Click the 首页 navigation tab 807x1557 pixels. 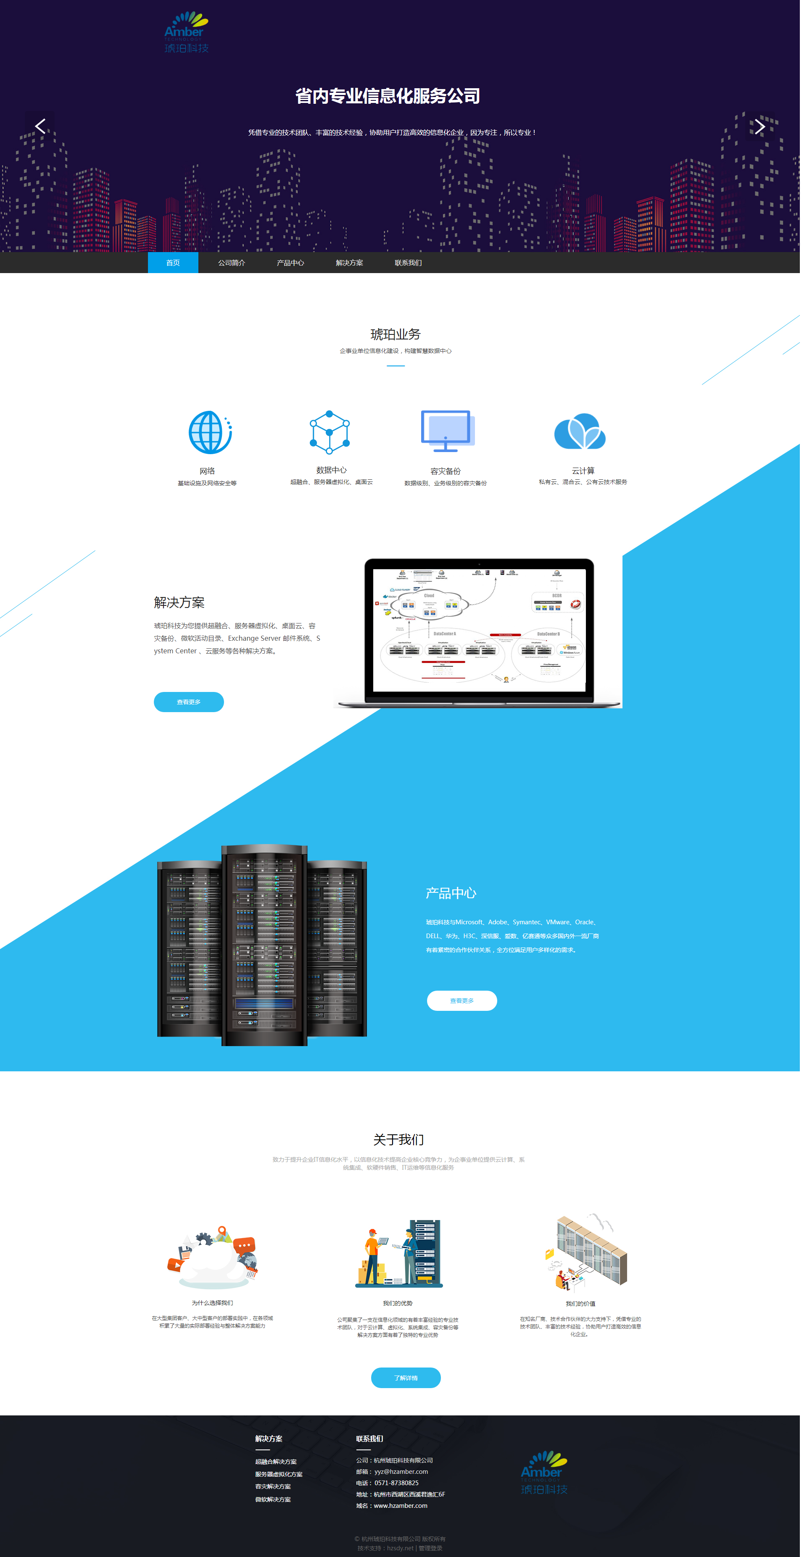click(173, 263)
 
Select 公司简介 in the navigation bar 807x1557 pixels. click(232, 263)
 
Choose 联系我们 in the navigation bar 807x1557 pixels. click(408, 263)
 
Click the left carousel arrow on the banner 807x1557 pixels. click(40, 126)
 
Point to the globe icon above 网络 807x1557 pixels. click(209, 432)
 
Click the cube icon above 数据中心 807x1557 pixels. click(330, 432)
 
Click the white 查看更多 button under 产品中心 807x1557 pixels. click(462, 1000)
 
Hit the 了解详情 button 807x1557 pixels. click(406, 1378)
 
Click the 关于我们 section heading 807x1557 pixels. click(398, 1139)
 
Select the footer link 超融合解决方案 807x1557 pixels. click(276, 1462)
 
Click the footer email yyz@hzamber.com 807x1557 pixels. click(401, 1471)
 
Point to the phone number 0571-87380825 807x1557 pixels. click(396, 1483)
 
